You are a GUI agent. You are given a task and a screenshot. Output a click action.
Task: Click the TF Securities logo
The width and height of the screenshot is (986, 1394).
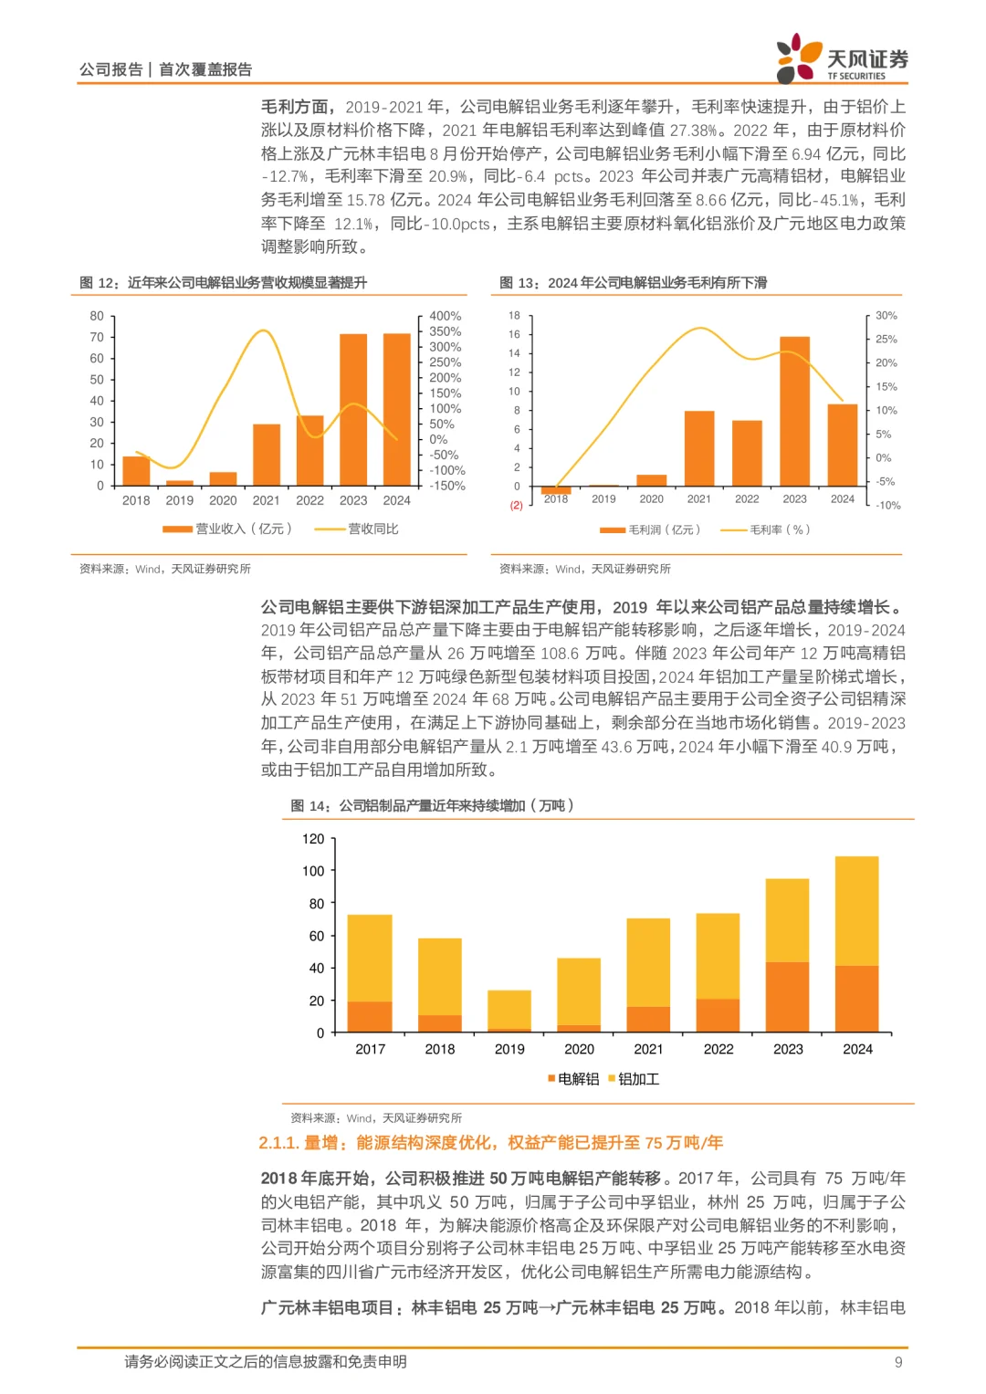coord(841,59)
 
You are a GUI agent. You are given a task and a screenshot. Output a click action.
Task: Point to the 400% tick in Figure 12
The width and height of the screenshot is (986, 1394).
coord(445,316)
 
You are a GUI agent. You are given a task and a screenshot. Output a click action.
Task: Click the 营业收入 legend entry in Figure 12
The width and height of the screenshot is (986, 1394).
coord(227,529)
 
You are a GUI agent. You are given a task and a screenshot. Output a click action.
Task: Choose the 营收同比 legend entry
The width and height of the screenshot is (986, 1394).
coord(357,529)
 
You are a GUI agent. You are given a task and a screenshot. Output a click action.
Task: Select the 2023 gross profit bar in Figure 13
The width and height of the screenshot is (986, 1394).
coord(794,411)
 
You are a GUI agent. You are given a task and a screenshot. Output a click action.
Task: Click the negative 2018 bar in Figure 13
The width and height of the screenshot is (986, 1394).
coord(555,490)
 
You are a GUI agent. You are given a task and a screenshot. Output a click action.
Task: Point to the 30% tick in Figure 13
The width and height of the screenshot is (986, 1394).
coord(886,316)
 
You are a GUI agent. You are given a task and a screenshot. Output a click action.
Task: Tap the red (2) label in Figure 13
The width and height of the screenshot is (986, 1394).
coord(516,505)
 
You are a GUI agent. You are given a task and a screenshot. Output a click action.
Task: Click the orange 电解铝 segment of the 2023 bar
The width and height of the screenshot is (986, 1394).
coord(787,997)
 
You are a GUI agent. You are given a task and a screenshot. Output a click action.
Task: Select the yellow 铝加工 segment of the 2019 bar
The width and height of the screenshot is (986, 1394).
coord(509,1009)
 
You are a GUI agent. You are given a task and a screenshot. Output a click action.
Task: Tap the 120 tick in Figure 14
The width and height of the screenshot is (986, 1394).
coord(313,839)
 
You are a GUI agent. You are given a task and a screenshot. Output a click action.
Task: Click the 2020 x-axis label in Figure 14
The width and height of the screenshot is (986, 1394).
coord(579,1049)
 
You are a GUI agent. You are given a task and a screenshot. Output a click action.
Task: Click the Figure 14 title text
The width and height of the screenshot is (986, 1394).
coord(432,805)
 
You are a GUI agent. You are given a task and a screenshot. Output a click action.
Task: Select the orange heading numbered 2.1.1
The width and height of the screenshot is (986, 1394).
coord(490,1142)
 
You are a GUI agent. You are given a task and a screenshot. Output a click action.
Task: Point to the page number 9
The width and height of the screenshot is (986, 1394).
coord(898,1362)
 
